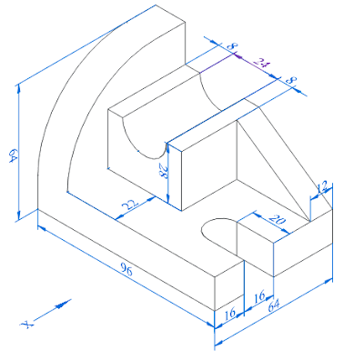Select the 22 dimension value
coord(130,205)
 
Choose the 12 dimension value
coord(320,188)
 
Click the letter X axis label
coord(28,324)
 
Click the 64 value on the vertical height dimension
coord(13,154)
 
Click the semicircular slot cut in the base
coord(217,233)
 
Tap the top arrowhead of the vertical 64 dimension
coord(18,89)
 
